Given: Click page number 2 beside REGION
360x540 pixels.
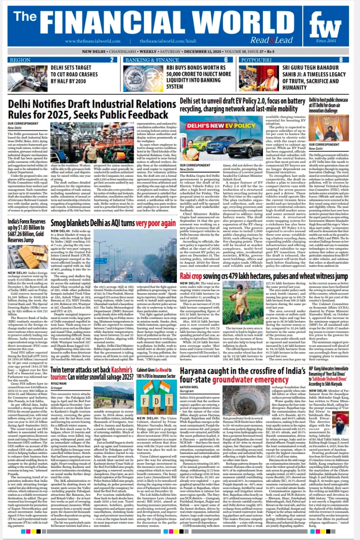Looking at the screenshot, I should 111,60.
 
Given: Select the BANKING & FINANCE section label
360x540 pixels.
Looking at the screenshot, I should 152,60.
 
